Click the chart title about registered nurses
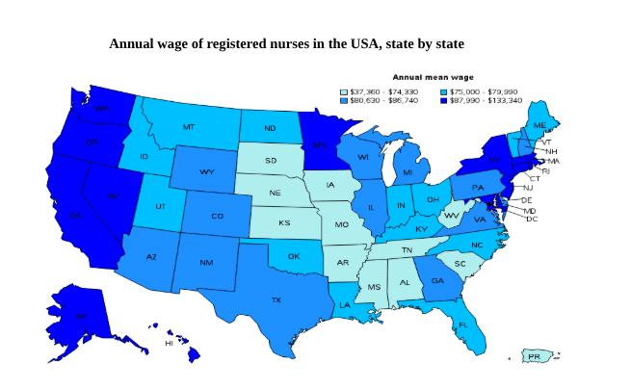point(286,43)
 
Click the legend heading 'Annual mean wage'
point(432,76)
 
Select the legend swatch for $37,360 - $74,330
point(345,91)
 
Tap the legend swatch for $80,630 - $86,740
point(345,100)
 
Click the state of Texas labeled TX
point(276,299)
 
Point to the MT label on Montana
point(189,127)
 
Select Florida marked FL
point(463,324)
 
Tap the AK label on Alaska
point(81,316)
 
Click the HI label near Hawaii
point(170,343)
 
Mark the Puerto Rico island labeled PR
point(536,357)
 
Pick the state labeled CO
point(217,216)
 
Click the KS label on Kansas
point(284,223)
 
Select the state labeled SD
point(271,161)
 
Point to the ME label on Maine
point(539,126)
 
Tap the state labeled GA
point(437,281)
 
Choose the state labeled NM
point(206,262)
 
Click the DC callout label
point(532,219)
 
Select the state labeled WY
point(206,171)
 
